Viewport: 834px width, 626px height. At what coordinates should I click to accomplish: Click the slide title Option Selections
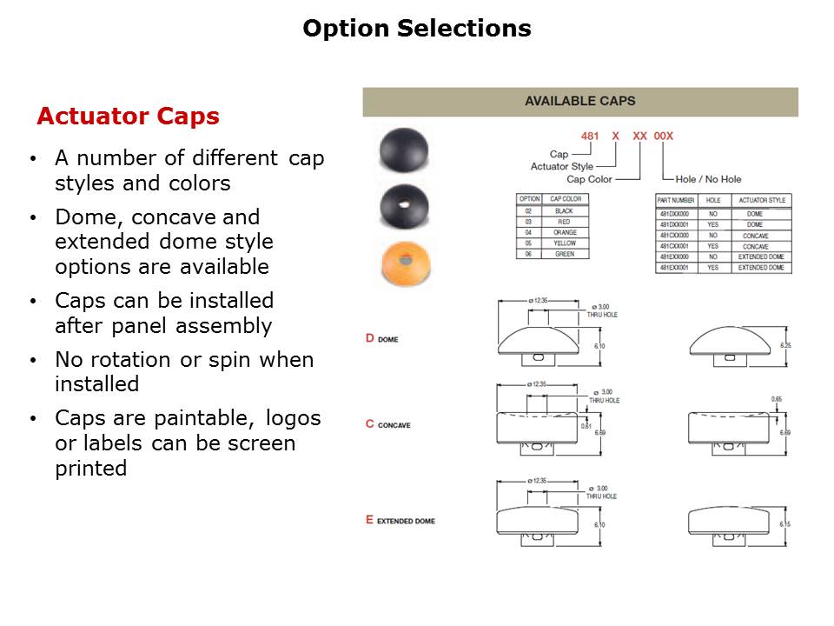(x=416, y=29)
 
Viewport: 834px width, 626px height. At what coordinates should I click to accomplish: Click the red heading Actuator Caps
(x=128, y=117)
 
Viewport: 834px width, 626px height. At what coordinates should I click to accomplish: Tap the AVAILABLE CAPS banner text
(x=579, y=102)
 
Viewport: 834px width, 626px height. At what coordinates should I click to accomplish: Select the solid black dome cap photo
(x=404, y=150)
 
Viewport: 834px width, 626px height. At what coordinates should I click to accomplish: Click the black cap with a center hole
(x=404, y=207)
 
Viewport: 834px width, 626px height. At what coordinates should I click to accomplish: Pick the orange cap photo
(x=404, y=263)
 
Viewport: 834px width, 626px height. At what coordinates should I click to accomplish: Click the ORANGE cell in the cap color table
(x=564, y=233)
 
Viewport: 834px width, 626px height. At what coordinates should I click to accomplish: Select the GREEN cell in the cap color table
(x=564, y=255)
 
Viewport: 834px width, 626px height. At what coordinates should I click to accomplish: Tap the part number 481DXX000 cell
(x=674, y=213)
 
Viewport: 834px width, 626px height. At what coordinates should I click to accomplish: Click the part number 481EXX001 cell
(x=674, y=268)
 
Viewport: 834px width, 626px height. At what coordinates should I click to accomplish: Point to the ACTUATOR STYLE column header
(x=761, y=200)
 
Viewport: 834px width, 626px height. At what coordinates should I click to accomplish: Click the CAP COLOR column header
(x=565, y=199)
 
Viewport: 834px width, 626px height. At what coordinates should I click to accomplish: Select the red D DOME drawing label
(x=382, y=338)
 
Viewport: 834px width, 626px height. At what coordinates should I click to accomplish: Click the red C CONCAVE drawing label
(x=388, y=424)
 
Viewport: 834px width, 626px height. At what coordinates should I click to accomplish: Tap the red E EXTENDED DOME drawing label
(x=400, y=520)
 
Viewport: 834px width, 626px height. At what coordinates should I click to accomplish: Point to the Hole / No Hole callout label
(x=708, y=179)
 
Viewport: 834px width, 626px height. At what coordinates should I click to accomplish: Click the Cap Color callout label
(x=589, y=179)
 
